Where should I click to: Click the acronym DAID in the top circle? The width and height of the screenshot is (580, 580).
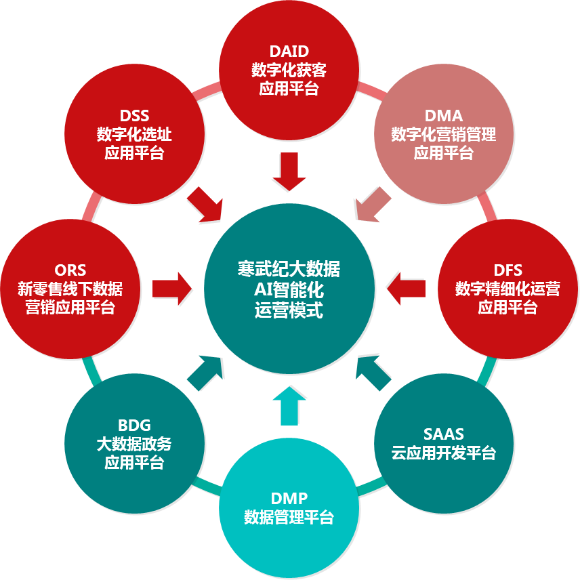(289, 52)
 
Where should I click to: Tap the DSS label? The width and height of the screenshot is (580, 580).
(134, 115)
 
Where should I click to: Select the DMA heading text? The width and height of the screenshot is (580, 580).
(444, 115)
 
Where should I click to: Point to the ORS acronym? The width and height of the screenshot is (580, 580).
(70, 270)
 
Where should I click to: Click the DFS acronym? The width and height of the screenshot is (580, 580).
(508, 270)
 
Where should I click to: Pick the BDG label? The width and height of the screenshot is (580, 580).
(134, 426)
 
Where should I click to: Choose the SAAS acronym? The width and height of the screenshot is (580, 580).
(444, 434)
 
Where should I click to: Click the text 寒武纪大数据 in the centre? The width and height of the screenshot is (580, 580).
(289, 269)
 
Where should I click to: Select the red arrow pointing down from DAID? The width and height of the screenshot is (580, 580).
(289, 171)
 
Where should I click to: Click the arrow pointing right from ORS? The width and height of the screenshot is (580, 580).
(171, 289)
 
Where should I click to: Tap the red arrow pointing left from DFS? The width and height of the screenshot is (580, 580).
(407, 289)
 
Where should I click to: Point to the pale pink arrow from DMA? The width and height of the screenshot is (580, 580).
(373, 205)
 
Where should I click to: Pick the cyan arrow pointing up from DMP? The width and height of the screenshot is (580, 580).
(289, 406)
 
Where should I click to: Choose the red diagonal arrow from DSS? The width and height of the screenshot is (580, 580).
(205, 205)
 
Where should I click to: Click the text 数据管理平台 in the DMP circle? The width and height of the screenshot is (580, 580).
(289, 518)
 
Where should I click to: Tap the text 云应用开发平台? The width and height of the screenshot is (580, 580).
(444, 453)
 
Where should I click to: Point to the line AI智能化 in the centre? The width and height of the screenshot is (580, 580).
(289, 290)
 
